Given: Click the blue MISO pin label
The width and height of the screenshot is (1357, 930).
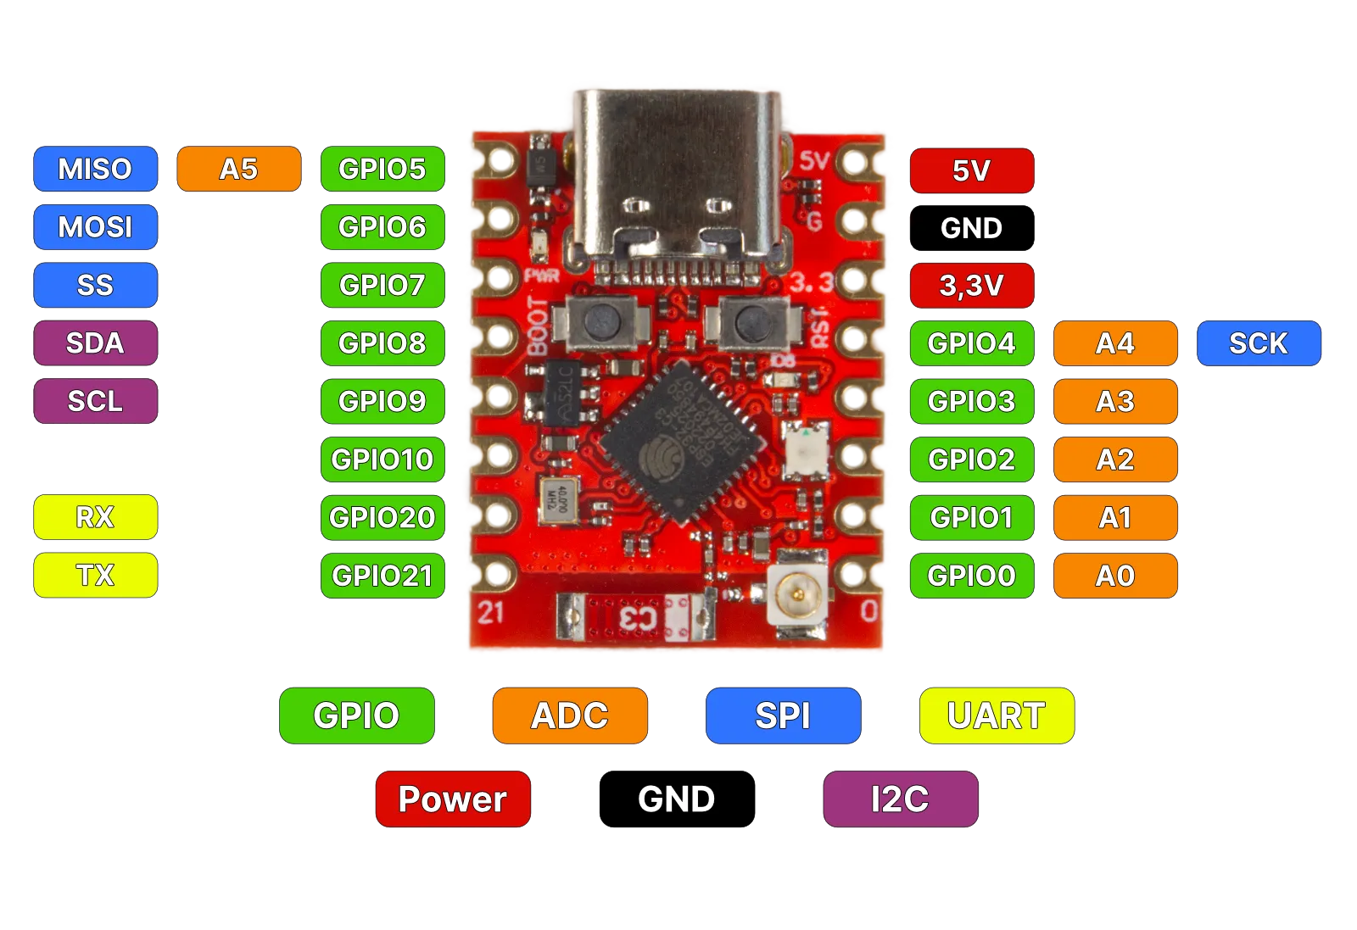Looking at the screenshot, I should pyautogui.click(x=95, y=169).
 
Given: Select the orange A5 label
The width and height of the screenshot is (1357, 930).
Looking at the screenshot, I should pyautogui.click(x=238, y=169).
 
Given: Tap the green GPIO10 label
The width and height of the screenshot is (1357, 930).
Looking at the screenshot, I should pyautogui.click(x=383, y=459).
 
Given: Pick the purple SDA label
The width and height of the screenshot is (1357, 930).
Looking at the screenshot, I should pyautogui.click(x=95, y=343).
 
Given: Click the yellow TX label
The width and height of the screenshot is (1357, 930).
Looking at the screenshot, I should pyautogui.click(x=95, y=576).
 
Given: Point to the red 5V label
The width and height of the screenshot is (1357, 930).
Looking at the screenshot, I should pyautogui.click(x=971, y=170).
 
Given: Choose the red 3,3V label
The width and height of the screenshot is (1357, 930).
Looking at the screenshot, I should pyautogui.click(x=971, y=286).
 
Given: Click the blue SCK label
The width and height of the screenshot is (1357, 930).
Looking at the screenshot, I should pyautogui.click(x=1259, y=343).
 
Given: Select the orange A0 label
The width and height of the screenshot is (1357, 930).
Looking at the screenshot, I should pyautogui.click(x=1115, y=576).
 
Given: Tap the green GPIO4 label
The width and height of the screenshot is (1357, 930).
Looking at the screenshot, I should pyautogui.click(x=971, y=343).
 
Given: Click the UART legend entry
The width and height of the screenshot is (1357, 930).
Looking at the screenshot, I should pyautogui.click(x=997, y=716).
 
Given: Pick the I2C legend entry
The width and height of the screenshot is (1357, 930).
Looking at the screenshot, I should pyautogui.click(x=900, y=799).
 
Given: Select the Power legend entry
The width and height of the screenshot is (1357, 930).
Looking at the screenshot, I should pyautogui.click(x=453, y=799).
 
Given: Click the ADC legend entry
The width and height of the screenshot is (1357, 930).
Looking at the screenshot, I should pyautogui.click(x=570, y=716).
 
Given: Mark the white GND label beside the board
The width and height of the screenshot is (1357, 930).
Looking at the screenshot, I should pyautogui.click(x=971, y=228).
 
